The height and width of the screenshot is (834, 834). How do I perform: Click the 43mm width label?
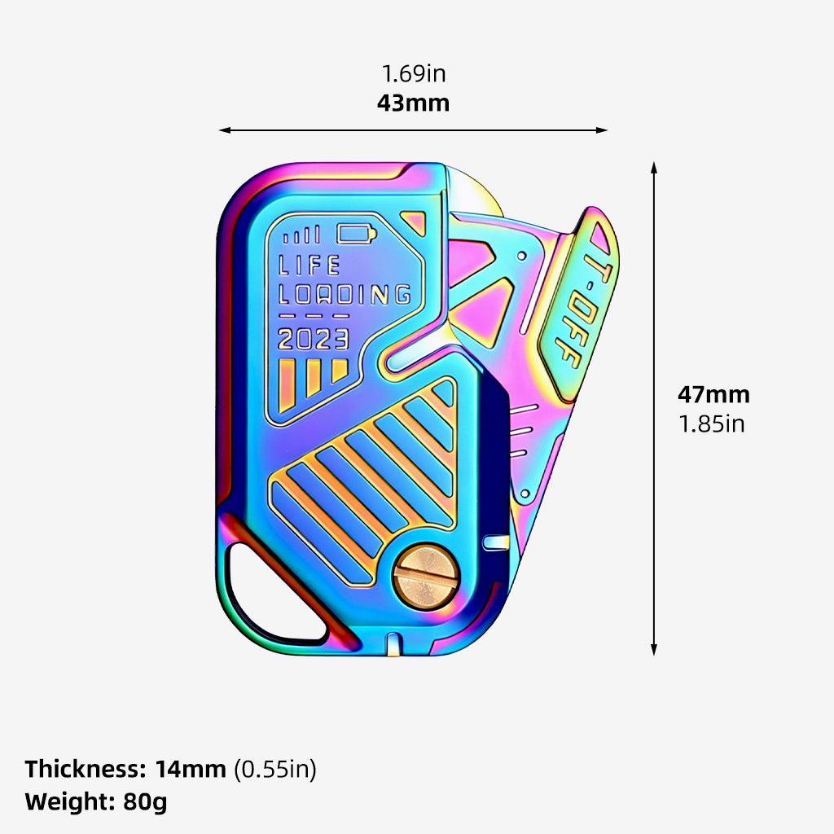413,103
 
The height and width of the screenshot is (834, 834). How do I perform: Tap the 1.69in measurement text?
414,73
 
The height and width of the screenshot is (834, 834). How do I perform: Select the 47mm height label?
713,395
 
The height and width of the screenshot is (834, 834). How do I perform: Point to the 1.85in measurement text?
712,424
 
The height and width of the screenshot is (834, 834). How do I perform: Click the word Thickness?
85,769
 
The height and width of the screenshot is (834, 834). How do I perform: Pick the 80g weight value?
145,802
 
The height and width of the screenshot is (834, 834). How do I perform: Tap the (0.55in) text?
275,770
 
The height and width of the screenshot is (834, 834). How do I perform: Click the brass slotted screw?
427,577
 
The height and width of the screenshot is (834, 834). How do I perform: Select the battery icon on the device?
357,233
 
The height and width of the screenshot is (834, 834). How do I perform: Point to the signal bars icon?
301,235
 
